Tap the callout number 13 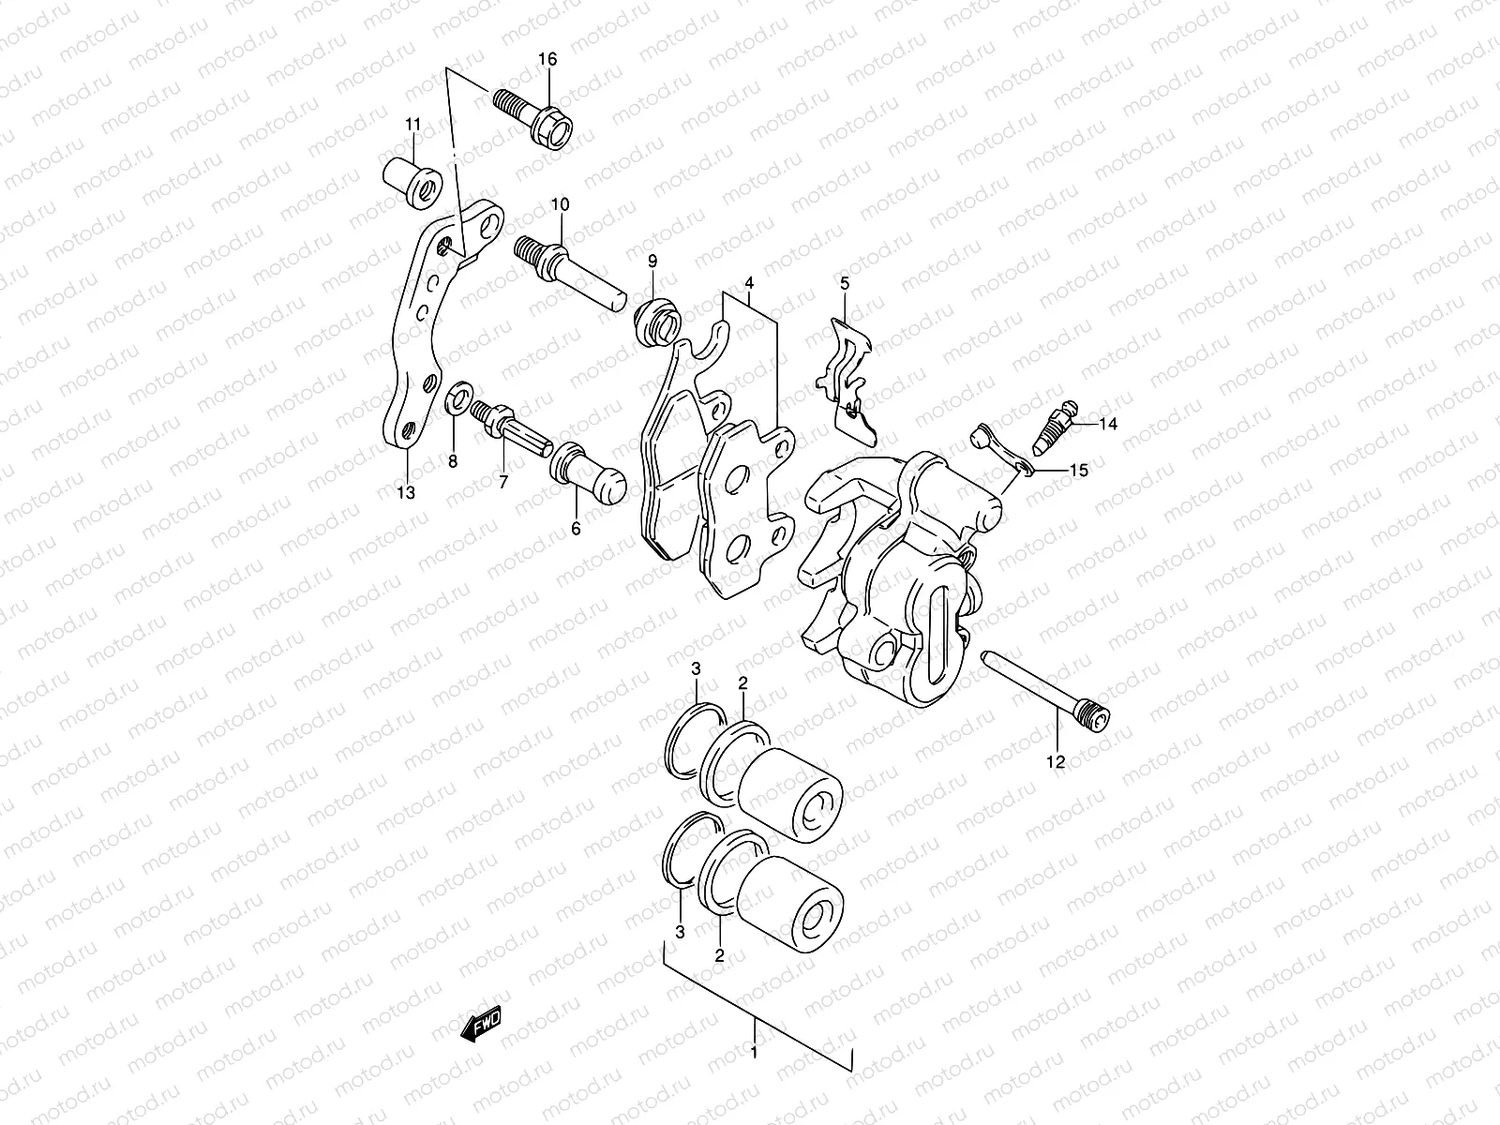point(405,493)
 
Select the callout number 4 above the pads point(749,281)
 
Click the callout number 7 point(502,482)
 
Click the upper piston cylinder point(789,793)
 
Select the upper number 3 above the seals point(696,668)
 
